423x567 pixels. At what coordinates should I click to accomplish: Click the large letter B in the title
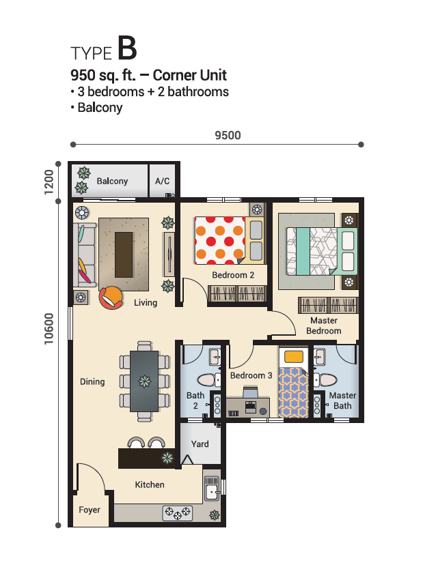coord(127,48)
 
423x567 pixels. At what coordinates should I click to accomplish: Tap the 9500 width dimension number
coord(228,135)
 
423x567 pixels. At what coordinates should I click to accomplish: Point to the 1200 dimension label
coord(49,182)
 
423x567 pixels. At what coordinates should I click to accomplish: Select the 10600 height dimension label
coord(49,329)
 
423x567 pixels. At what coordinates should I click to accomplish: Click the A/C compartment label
coord(162,181)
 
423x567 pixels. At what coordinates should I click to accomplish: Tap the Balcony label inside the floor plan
coord(112,181)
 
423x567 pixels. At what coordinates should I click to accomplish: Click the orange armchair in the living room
coord(111,297)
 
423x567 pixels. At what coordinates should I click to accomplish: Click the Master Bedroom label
coord(324,325)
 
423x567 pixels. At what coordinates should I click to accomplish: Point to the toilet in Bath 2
coord(208,379)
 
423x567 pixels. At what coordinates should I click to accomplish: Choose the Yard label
coord(200,444)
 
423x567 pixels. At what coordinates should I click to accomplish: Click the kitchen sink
coord(212,488)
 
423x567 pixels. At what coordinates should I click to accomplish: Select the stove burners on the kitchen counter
coord(178,513)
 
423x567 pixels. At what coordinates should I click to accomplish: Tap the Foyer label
coord(90,510)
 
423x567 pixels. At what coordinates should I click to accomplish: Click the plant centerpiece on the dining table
coord(144,381)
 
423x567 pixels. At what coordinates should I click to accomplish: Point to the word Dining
coord(92,381)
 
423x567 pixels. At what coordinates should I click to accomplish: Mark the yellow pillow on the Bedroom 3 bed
coord(294,357)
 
